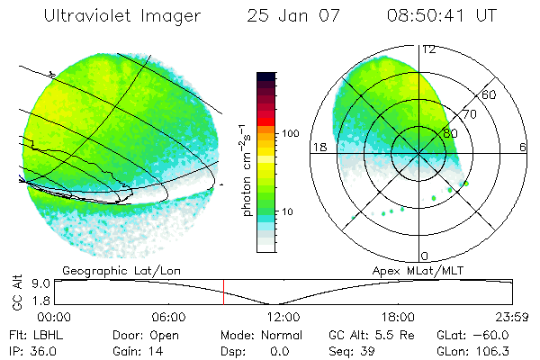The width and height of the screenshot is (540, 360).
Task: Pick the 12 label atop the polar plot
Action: pos(429,50)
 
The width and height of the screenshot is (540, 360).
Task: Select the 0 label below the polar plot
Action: pos(425,256)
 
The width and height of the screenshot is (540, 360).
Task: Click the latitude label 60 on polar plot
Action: pos(490,94)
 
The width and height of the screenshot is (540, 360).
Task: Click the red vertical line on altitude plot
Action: pos(223,292)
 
